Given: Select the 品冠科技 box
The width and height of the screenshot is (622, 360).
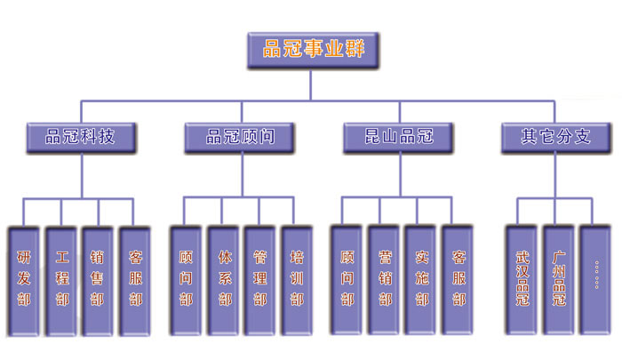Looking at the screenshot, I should tap(81, 137).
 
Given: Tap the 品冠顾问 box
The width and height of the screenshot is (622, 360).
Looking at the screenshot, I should tap(240, 137).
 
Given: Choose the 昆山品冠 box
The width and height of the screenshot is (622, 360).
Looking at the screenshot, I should tap(398, 137).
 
